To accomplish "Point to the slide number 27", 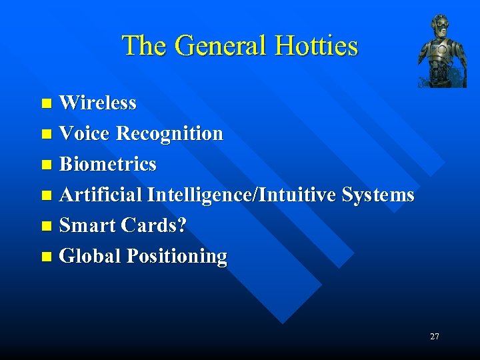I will click(434, 337).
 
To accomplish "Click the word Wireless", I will click(97, 103).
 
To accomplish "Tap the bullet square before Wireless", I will click(46, 103).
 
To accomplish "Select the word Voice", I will click(85, 133).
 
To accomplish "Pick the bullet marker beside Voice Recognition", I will click(46, 134).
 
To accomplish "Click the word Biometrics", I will click(108, 164).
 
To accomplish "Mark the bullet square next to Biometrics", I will click(46, 165).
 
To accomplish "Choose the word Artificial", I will click(101, 195).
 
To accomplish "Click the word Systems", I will click(377, 195).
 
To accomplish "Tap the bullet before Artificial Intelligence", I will click(46, 195).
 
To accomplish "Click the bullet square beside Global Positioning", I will click(46, 257).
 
